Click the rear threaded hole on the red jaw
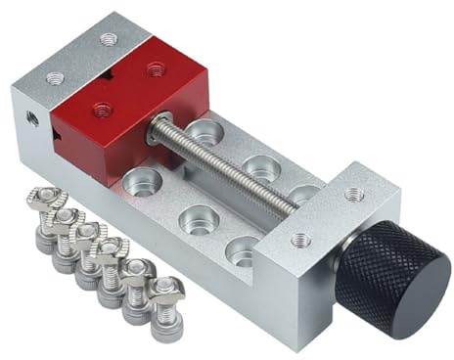(155, 68)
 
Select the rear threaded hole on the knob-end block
(353, 195)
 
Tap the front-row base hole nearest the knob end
(242, 251)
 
